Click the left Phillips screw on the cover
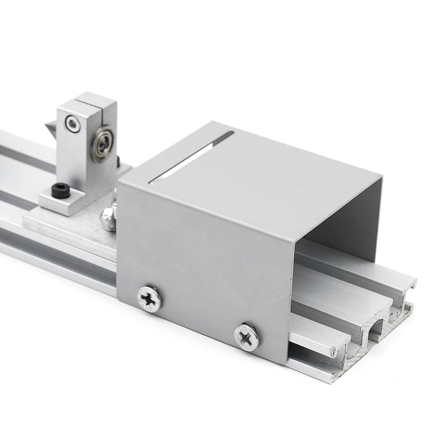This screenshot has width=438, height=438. [x=149, y=298]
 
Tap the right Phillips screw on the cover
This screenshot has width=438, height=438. [x=247, y=337]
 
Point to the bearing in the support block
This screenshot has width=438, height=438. [x=105, y=143]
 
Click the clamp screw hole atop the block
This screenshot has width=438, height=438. [x=73, y=124]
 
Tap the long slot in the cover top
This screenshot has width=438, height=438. [x=190, y=158]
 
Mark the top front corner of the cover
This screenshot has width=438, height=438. [x=119, y=184]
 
